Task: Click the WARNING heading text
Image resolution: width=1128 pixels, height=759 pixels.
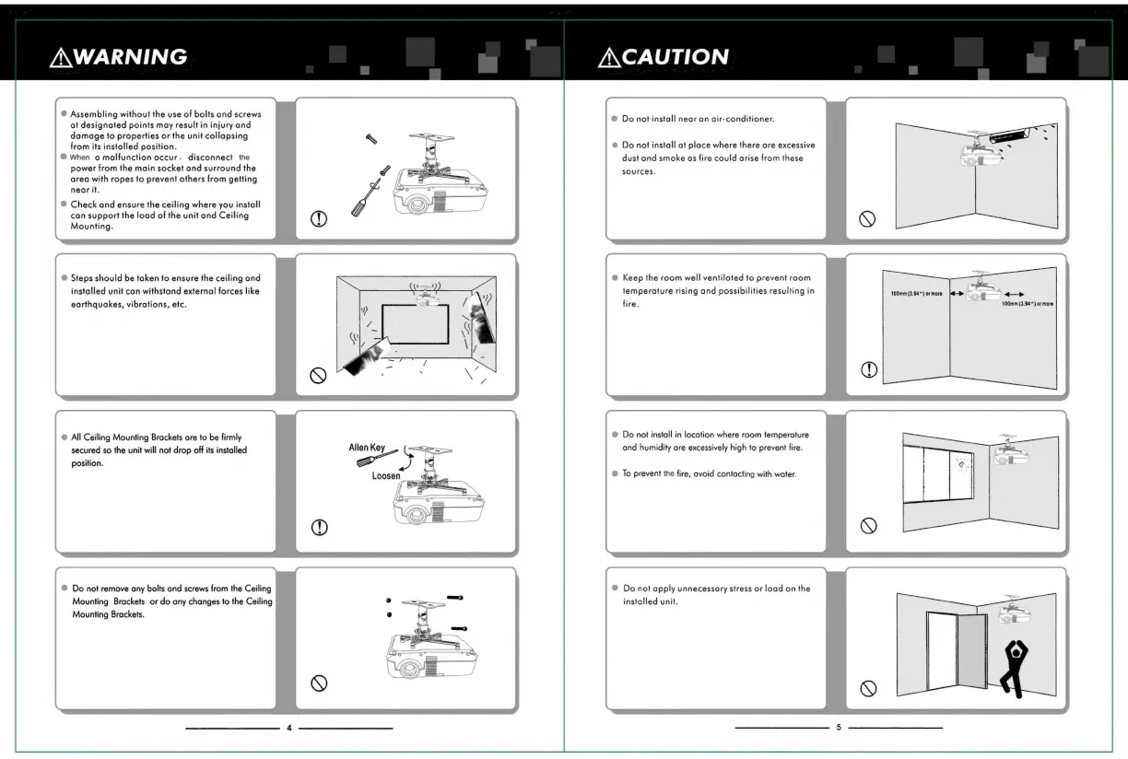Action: (127, 57)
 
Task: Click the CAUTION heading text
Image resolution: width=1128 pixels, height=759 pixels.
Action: (676, 57)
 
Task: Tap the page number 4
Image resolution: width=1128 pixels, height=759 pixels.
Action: (288, 728)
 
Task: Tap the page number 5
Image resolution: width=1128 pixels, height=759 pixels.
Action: (838, 728)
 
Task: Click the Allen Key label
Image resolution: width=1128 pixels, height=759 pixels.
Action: (366, 448)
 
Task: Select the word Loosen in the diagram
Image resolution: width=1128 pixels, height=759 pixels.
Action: (386, 475)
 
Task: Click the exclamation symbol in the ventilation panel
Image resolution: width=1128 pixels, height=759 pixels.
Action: (867, 370)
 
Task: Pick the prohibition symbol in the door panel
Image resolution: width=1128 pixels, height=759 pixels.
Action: (867, 687)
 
